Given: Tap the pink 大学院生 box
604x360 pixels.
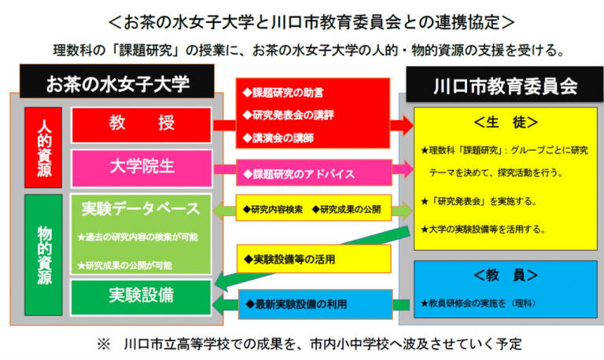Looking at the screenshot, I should (142, 167).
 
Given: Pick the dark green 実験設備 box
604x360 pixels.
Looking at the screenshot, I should (142, 296).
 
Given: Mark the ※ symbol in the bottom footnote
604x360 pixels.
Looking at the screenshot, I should (102, 343).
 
